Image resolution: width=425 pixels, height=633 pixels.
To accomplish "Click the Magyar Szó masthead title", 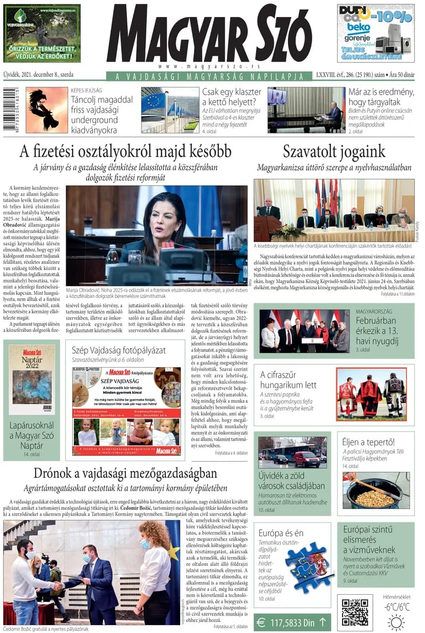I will point(209,35).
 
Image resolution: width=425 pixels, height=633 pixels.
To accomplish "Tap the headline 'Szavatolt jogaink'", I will point(334,151).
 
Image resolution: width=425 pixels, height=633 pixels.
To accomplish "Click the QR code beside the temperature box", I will point(355,612).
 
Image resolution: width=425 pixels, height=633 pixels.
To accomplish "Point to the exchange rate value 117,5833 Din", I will point(293,621).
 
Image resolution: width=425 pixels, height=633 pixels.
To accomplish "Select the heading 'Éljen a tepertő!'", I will point(369,442).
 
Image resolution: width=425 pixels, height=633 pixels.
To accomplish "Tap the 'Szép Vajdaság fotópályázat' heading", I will point(119,350).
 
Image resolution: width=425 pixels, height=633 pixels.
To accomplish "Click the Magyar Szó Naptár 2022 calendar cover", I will point(32,379).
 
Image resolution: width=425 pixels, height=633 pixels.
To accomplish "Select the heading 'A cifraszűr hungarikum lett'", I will point(288,379).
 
